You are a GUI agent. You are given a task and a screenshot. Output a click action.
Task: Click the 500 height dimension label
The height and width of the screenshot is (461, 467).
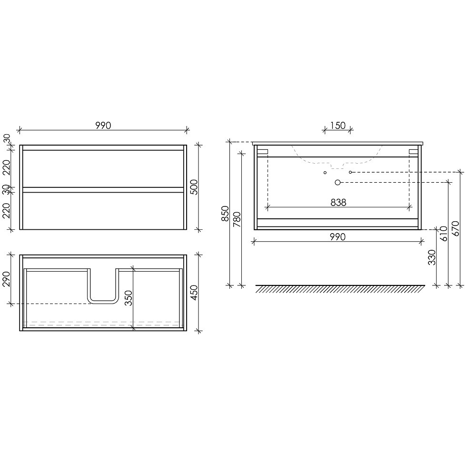(194, 187)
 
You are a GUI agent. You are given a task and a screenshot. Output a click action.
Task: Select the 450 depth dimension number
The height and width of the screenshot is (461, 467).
(194, 293)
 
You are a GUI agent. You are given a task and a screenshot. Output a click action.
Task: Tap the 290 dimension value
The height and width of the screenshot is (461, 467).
(6, 279)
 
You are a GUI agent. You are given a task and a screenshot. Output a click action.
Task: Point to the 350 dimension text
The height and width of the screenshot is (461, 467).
(129, 298)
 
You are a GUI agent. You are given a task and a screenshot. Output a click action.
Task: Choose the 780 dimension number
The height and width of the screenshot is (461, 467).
(237, 219)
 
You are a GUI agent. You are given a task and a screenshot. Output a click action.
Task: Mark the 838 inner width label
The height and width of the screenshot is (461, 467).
(338, 202)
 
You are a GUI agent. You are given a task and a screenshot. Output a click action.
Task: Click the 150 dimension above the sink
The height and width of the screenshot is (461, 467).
(338, 126)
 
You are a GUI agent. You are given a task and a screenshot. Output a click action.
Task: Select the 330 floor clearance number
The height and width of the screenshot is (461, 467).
(432, 257)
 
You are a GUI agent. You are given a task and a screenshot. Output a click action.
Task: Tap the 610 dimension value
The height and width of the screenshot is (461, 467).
(444, 234)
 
